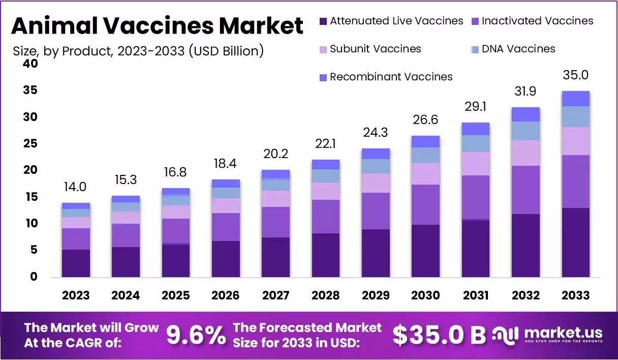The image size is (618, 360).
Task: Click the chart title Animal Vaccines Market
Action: pos(157,25)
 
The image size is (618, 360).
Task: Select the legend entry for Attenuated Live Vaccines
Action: pos(391,21)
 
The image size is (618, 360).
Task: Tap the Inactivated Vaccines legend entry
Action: pos(532,21)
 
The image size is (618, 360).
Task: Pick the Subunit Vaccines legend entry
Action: pos(370,49)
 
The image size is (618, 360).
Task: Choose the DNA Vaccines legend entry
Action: pos(513,49)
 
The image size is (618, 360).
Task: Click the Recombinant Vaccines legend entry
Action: pos(386,77)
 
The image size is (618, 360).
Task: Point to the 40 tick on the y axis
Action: pos(30,64)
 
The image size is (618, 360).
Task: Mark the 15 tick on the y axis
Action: pos(30,197)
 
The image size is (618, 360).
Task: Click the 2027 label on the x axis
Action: pos(275,295)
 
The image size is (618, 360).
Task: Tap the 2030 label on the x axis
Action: pos(425,295)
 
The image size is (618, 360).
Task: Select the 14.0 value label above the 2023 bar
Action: pos(76,187)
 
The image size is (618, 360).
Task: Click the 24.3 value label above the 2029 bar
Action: pos(376,133)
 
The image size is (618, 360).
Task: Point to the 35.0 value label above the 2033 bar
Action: pos(576,75)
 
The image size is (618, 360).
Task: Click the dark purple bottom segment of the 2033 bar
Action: pos(576,243)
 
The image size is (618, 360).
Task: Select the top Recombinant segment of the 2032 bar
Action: pos(526,114)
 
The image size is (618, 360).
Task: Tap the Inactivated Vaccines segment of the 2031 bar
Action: pos(476,197)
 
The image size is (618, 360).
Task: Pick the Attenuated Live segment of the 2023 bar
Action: pos(76,263)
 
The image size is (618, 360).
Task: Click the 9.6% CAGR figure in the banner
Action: pos(196,335)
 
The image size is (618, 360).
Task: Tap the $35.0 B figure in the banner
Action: pos(439,335)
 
